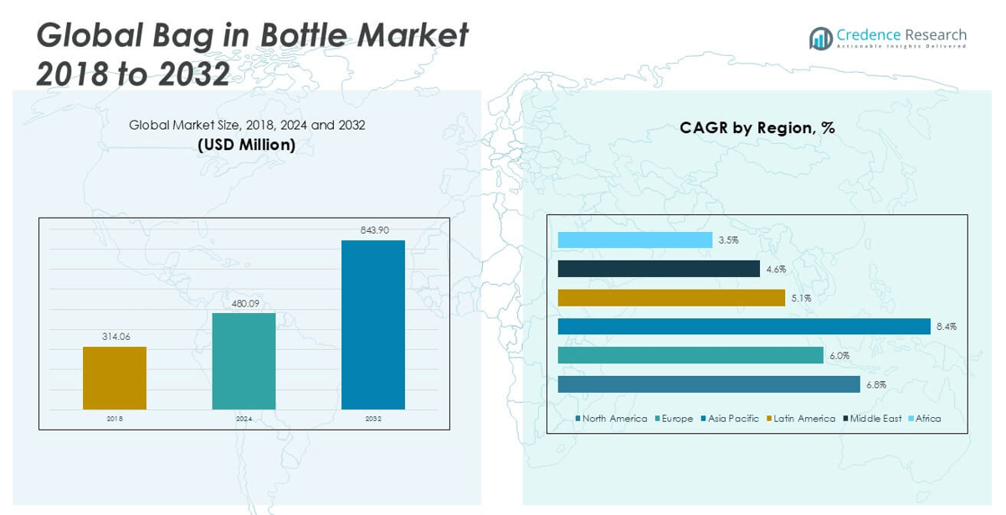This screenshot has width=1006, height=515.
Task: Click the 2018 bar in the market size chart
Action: click(x=115, y=378)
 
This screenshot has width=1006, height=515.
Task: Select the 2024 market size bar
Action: click(x=244, y=361)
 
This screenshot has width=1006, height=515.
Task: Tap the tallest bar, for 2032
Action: click(x=373, y=325)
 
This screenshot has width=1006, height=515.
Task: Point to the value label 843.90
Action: click(x=373, y=230)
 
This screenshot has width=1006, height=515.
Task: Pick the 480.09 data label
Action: click(x=244, y=303)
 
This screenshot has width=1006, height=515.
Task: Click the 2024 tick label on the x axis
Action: click(x=244, y=419)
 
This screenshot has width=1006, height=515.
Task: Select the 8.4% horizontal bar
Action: click(x=744, y=327)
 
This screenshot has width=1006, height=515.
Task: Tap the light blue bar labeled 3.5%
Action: click(x=635, y=240)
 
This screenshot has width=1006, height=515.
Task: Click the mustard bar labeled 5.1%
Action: click(x=671, y=297)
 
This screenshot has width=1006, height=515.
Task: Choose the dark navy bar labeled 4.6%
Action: click(x=659, y=269)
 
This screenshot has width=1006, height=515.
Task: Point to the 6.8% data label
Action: click(x=875, y=385)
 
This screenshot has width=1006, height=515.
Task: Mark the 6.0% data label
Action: click(x=839, y=356)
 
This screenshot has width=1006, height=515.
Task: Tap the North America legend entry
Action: click(x=613, y=419)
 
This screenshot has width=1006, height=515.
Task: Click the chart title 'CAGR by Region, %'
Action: click(x=757, y=128)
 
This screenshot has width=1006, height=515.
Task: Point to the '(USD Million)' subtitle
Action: click(x=246, y=145)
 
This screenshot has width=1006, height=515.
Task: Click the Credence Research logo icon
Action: click(x=820, y=38)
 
